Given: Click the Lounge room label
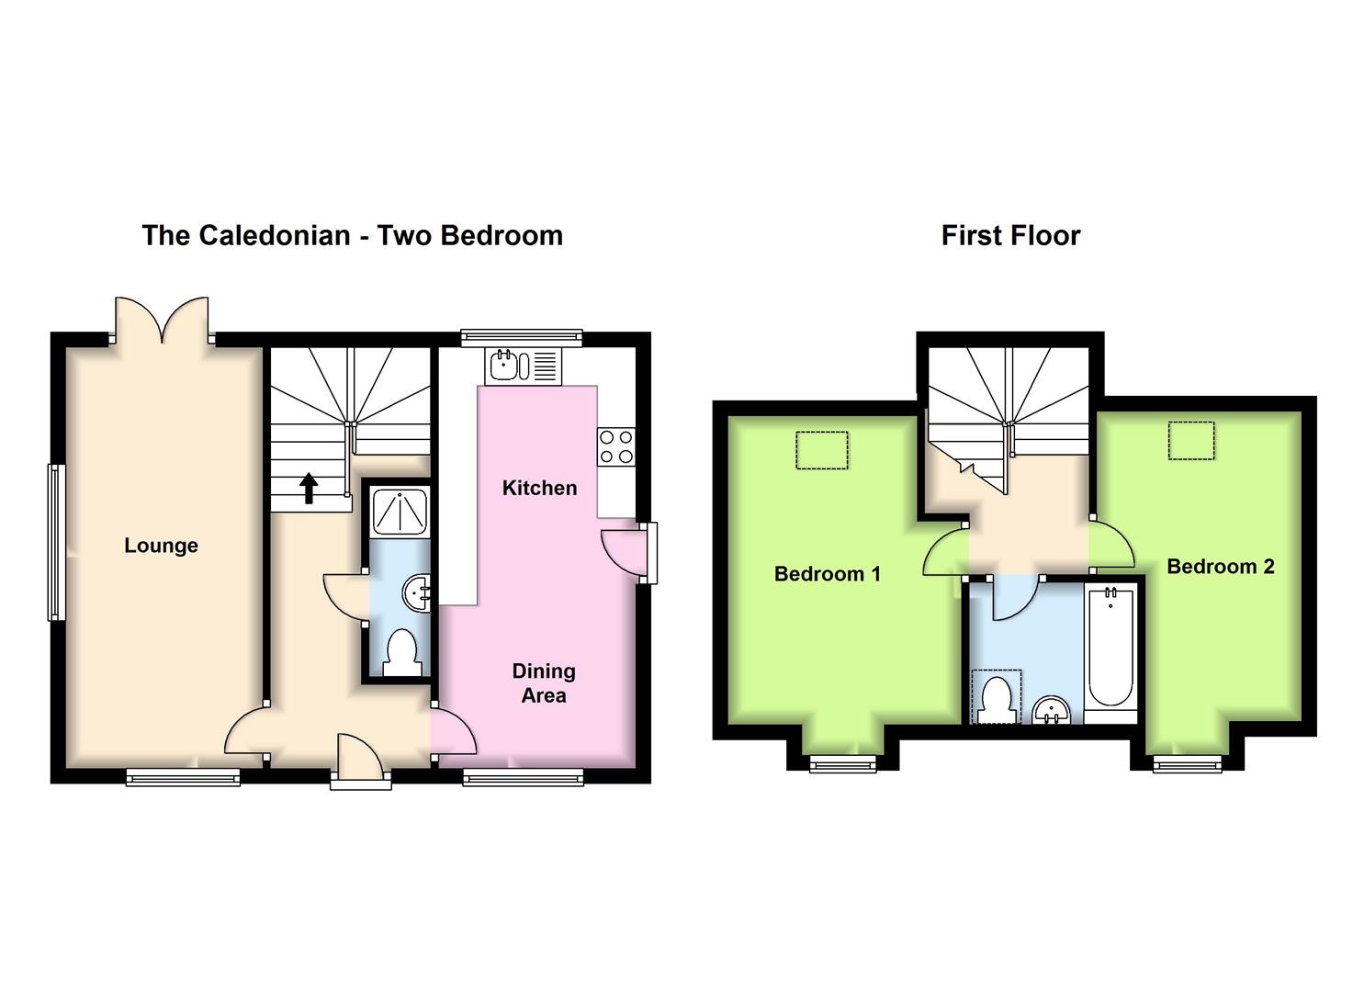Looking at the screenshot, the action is [x=161, y=546].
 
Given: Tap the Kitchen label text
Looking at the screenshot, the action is [x=539, y=488].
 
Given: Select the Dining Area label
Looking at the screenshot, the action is [x=544, y=682].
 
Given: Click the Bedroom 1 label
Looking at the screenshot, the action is [x=828, y=574].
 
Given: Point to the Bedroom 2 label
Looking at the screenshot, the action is [x=1221, y=567].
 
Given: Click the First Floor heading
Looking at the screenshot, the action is [x=1010, y=236].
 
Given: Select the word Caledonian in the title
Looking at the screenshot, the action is [x=275, y=236].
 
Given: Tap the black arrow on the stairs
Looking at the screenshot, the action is [x=309, y=489].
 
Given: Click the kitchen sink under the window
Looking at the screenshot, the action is [x=523, y=366].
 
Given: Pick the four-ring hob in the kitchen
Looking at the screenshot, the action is [x=616, y=447].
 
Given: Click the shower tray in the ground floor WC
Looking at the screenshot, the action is [x=400, y=512].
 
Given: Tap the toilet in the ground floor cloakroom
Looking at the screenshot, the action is [x=401, y=652].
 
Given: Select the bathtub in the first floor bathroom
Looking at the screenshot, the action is [x=1110, y=648].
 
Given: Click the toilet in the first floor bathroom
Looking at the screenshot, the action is [x=997, y=698].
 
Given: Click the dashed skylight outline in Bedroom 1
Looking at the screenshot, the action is [x=821, y=450].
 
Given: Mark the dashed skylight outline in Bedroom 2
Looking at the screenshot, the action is [x=1191, y=440].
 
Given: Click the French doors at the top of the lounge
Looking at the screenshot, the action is [x=162, y=319].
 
